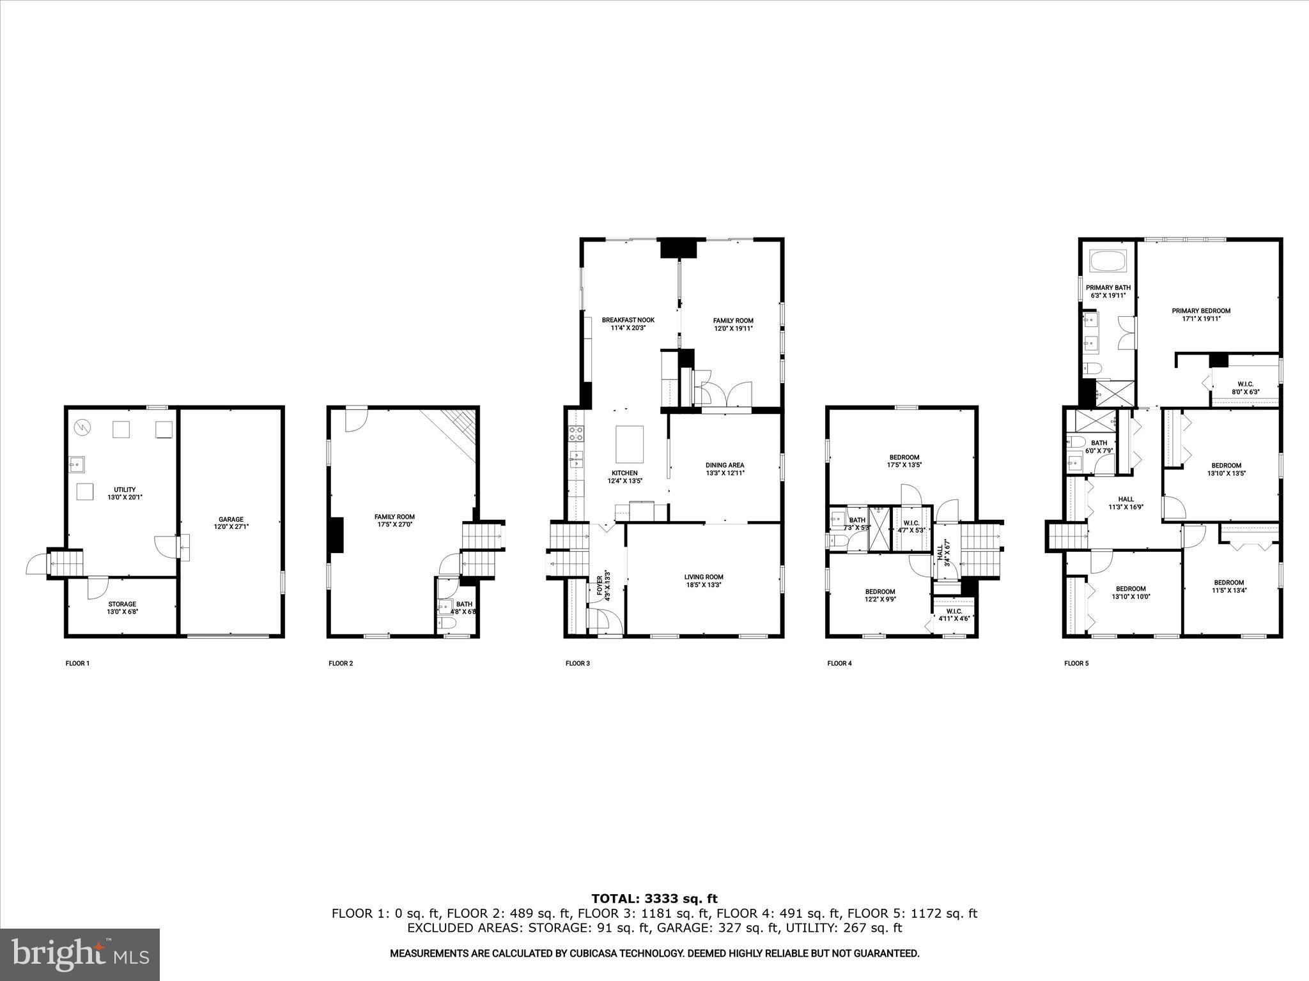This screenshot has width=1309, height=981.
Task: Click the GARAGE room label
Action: click(x=231, y=523)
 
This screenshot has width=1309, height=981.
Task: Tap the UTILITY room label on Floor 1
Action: click(x=125, y=493)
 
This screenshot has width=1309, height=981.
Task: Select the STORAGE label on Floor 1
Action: click(x=121, y=607)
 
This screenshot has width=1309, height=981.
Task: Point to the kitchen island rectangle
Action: click(x=629, y=444)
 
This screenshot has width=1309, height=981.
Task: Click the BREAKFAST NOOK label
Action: click(x=628, y=324)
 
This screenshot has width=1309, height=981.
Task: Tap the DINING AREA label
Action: click(x=725, y=469)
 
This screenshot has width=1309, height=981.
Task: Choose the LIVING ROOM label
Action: click(x=704, y=581)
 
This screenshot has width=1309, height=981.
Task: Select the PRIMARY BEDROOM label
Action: click(x=1200, y=314)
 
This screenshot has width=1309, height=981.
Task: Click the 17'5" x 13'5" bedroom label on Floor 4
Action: click(x=904, y=460)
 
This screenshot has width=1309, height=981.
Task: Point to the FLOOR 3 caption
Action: click(x=577, y=664)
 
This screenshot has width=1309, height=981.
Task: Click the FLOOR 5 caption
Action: click(x=1076, y=664)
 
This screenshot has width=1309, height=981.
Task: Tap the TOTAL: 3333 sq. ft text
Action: click(x=654, y=899)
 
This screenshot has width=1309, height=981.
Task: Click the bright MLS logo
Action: click(x=80, y=955)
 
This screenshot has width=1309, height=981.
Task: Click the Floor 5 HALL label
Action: click(x=1126, y=503)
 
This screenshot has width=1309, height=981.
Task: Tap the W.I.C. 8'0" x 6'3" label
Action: click(x=1244, y=388)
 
